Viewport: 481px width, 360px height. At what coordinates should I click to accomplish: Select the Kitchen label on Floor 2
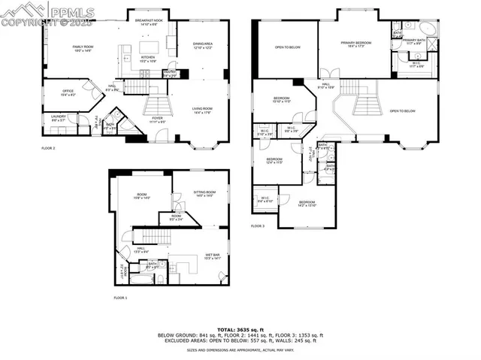[149, 59]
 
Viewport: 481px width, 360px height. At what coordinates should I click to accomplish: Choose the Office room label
[68, 93]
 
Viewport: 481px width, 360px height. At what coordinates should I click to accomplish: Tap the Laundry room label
[59, 118]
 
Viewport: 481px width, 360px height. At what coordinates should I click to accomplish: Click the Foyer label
[158, 119]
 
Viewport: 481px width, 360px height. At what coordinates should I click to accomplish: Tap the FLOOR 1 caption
[120, 298]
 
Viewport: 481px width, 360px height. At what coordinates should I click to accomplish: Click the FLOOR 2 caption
[49, 148]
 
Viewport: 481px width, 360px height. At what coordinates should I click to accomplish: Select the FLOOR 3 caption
[258, 225]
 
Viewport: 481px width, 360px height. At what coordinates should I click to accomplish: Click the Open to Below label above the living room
[403, 110]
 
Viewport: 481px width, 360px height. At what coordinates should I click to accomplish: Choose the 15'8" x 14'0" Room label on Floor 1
[141, 199]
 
